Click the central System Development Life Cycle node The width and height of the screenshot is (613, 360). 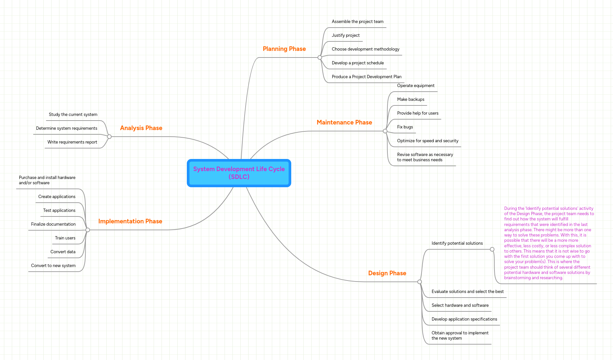239,173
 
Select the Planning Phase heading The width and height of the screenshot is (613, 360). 284,49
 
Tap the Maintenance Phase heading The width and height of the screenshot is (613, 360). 344,123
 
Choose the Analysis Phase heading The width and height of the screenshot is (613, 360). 141,128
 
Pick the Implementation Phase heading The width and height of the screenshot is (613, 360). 130,221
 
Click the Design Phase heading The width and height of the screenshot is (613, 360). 387,273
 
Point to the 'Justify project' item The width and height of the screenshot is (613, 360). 345,35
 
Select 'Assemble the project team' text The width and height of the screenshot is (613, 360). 357,22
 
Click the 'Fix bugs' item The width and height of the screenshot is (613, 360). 405,127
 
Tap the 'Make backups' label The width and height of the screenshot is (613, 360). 410,100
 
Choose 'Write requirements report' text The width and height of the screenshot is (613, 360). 72,142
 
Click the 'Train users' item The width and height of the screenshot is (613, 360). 65,238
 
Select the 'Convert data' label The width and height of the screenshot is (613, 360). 63,252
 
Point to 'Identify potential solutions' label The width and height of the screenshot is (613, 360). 457,243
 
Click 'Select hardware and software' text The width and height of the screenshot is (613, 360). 460,305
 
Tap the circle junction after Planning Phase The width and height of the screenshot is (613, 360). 320,57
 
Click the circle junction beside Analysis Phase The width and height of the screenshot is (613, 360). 109,137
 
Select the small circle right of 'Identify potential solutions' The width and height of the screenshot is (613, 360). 492,249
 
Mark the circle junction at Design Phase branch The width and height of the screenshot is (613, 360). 420,282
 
